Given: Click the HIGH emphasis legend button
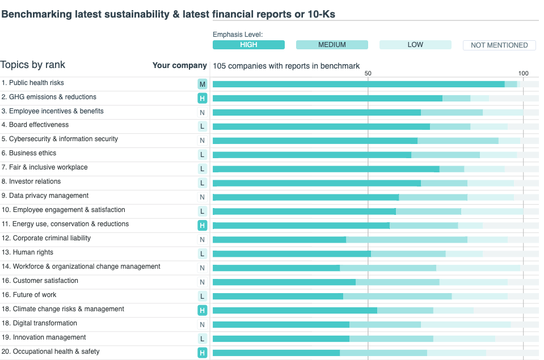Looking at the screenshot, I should [248, 45].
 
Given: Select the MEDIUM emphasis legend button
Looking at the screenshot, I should [332, 45].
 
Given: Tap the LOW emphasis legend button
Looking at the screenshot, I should [415, 45].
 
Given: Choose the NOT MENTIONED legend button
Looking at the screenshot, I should [499, 45].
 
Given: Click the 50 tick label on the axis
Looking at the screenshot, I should [368, 73].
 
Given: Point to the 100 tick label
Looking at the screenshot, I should [523, 73].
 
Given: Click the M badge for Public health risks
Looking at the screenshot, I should [202, 84].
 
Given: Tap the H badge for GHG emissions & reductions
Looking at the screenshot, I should [202, 99].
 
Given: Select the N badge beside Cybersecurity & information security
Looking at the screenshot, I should [202, 141].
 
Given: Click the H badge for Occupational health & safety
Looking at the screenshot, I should [202, 353].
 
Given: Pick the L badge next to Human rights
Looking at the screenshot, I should [202, 254].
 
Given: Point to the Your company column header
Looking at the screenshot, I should [179, 65].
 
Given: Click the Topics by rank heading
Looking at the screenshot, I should [33, 65].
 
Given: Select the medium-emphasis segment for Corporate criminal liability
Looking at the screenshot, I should [406, 240].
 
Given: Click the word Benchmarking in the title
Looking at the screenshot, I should [36, 14].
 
